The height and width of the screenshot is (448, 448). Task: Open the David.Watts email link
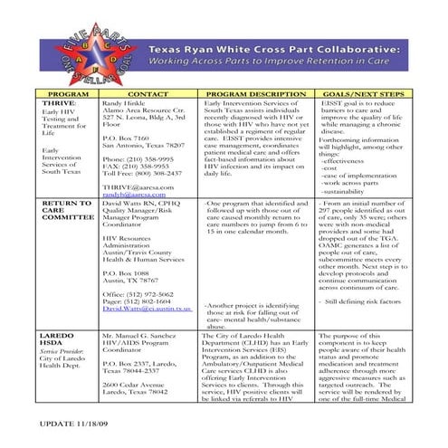147,309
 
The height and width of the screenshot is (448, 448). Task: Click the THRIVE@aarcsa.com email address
137,186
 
